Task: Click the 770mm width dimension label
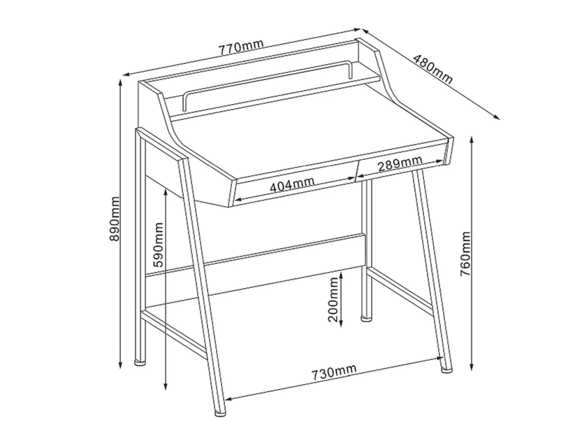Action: (x=241, y=46)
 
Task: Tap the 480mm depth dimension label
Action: (x=432, y=69)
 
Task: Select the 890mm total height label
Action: (x=115, y=219)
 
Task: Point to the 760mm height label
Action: (x=465, y=254)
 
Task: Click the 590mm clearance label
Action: (x=157, y=244)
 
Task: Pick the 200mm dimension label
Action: (x=333, y=299)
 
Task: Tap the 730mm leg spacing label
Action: (x=334, y=373)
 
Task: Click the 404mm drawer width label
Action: (x=292, y=184)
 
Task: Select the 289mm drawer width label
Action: (x=400, y=164)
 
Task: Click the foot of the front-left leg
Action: (x=221, y=413)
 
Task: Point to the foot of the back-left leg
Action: (x=139, y=362)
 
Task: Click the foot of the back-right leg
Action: (x=366, y=317)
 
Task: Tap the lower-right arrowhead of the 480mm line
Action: (x=497, y=117)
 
